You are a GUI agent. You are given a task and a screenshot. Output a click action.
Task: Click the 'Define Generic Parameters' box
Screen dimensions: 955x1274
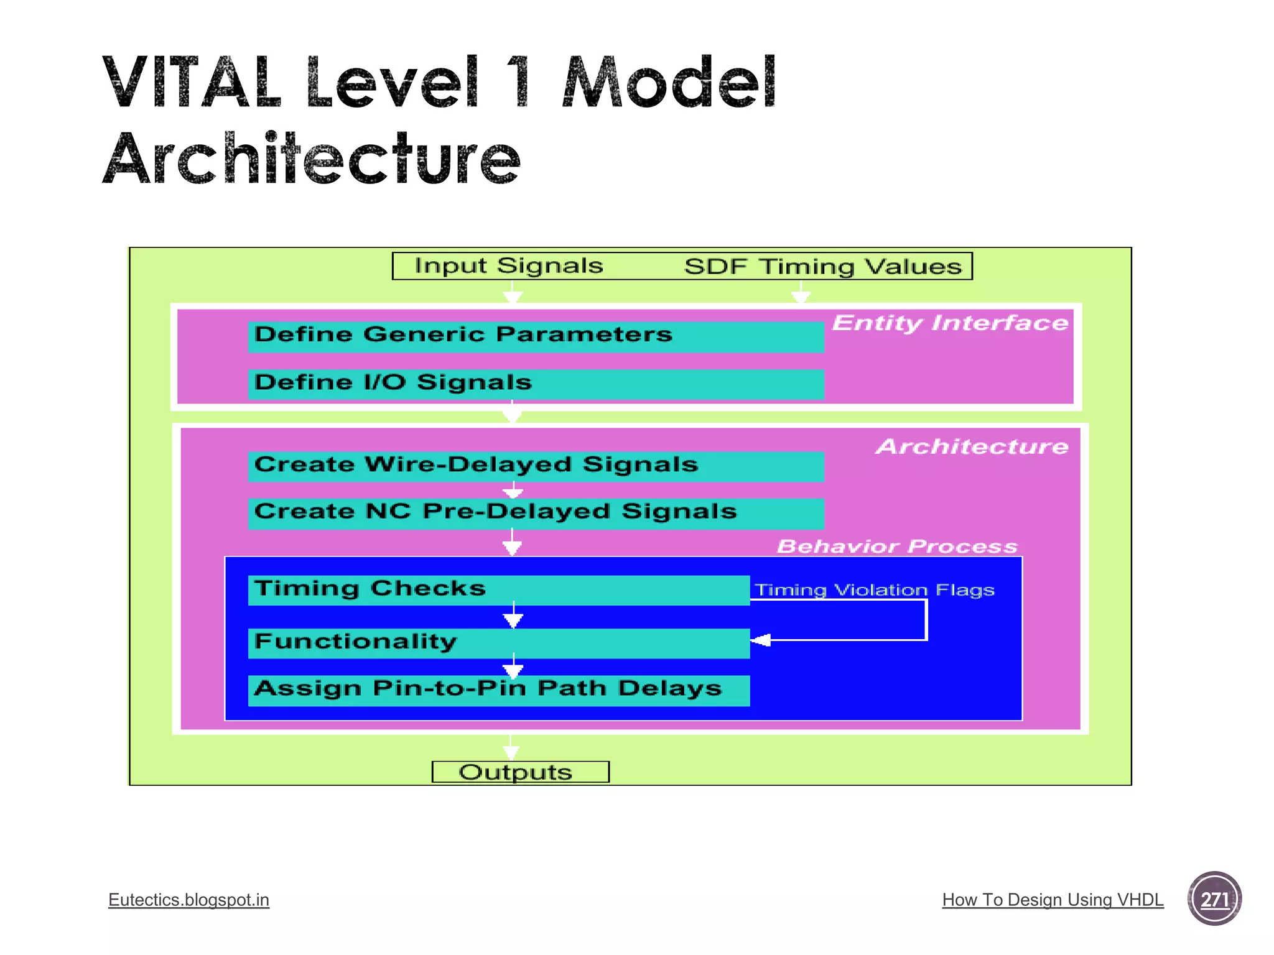tap(535, 336)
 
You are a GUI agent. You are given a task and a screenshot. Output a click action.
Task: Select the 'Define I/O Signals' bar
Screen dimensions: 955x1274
tap(535, 384)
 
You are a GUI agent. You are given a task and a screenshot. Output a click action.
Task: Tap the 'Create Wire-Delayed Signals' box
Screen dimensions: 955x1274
tap(535, 466)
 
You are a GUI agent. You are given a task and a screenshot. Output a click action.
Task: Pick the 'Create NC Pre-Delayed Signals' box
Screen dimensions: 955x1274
tap(535, 513)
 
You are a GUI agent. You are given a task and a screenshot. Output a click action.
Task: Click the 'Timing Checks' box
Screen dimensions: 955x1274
tap(498, 589)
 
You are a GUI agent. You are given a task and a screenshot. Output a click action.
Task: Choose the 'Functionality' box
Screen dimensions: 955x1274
tap(498, 643)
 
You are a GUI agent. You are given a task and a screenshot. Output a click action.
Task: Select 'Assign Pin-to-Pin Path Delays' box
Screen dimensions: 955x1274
tap(498, 690)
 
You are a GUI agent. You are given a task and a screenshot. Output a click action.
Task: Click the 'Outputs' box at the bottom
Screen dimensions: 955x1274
tap(520, 772)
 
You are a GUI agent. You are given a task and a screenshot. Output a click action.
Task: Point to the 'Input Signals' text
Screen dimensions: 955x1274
tap(509, 266)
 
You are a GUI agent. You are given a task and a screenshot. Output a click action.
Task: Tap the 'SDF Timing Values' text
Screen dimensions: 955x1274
tap(822, 267)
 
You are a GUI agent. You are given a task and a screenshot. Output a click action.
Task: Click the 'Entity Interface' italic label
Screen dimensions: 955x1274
tap(950, 323)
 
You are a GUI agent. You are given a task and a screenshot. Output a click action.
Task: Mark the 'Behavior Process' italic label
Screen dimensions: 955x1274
tap(896, 546)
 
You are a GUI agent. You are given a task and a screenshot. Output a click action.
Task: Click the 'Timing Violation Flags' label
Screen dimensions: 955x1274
tap(874, 589)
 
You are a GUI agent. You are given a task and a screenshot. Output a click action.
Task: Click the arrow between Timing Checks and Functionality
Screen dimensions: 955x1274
tap(513, 616)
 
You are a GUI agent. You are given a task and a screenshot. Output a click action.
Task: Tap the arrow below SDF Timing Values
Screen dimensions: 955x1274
tap(801, 293)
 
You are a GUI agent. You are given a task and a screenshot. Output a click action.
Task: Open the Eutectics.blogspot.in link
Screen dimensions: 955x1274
tap(188, 900)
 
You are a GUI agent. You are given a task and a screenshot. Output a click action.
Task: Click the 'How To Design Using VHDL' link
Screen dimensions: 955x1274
tap(1053, 900)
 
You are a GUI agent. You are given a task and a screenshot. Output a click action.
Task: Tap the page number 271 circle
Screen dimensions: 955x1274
tap(1214, 898)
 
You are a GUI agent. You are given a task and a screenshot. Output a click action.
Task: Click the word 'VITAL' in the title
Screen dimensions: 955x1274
tap(192, 83)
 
